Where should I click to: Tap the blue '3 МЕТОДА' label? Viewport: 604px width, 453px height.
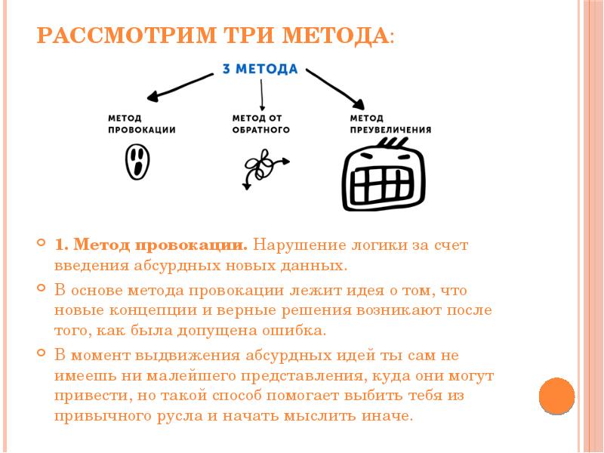[x=260, y=69]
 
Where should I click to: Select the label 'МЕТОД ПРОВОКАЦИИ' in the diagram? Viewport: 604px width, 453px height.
[x=141, y=124]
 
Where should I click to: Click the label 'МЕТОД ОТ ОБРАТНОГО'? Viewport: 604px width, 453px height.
[x=261, y=124]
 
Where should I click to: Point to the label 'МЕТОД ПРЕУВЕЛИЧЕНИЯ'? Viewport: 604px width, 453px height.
[x=390, y=124]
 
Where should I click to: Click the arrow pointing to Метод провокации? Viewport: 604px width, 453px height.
[x=181, y=85]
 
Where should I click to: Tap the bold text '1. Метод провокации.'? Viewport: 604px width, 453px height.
[x=151, y=245]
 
